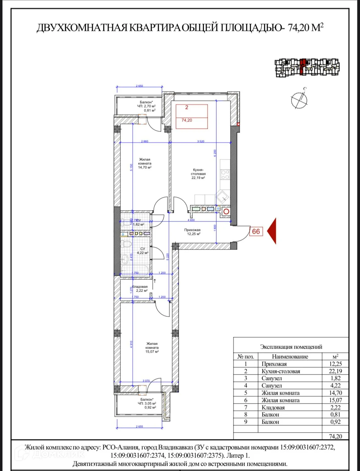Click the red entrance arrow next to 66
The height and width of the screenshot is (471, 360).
tap(272, 231)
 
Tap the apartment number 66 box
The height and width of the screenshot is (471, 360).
tap(256, 232)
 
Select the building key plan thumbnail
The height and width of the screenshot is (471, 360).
tap(307, 67)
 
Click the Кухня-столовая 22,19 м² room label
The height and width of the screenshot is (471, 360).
tap(198, 174)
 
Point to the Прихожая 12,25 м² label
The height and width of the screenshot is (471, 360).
tap(193, 232)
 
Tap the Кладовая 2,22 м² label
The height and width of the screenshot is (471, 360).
tap(140, 289)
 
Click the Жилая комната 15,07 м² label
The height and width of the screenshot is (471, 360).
tap(152, 347)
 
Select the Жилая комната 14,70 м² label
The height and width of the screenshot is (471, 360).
tap(145, 163)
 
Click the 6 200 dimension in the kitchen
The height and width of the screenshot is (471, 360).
tap(215, 153)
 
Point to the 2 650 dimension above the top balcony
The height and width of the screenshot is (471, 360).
tap(139, 86)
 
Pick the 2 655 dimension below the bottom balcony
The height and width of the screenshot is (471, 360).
tap(139, 426)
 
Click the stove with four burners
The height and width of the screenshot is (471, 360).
tap(225, 174)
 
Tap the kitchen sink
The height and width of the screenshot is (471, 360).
tap(223, 197)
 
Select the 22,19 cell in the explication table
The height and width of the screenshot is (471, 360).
tap(335, 371)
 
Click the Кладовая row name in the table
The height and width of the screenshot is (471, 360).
tap(273, 408)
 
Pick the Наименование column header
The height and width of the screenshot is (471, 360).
tap(290, 357)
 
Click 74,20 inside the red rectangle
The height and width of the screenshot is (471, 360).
tap(187, 120)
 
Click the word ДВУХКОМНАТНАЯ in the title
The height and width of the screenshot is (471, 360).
tap(82, 28)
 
